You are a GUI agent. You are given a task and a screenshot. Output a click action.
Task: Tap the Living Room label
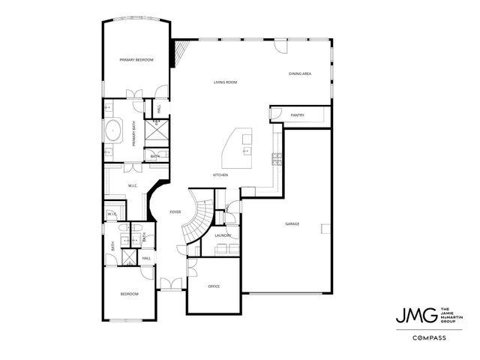[225, 82]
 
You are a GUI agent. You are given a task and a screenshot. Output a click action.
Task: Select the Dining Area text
[300, 73]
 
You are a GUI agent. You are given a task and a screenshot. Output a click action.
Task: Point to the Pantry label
[296, 115]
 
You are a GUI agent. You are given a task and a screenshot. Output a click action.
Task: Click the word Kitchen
[220, 175]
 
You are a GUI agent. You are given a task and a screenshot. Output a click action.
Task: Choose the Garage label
[292, 224]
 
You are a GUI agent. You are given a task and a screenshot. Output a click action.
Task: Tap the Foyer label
[175, 212]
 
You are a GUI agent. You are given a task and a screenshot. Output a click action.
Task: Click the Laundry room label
[222, 235]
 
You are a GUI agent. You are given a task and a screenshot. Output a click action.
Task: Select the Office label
[214, 286]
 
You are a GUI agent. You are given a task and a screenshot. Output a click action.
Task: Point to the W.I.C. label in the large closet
[132, 185]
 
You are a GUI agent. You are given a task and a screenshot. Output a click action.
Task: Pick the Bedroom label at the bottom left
[129, 294]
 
